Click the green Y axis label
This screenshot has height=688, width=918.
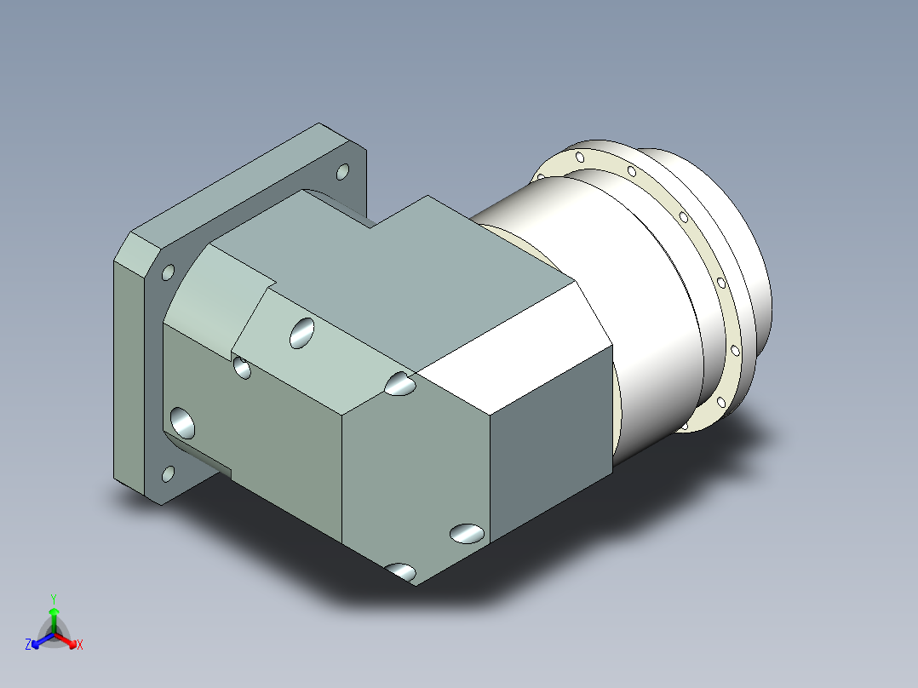point(54,599)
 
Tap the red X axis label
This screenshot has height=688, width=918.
point(80,645)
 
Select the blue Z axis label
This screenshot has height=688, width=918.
point(28,644)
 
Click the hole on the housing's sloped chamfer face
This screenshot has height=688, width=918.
point(301,333)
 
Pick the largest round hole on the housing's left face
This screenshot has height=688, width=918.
point(182,423)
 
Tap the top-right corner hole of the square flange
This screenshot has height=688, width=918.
point(342,172)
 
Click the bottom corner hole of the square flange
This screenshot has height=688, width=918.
point(168,473)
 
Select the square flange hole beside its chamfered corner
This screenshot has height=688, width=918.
point(168,272)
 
